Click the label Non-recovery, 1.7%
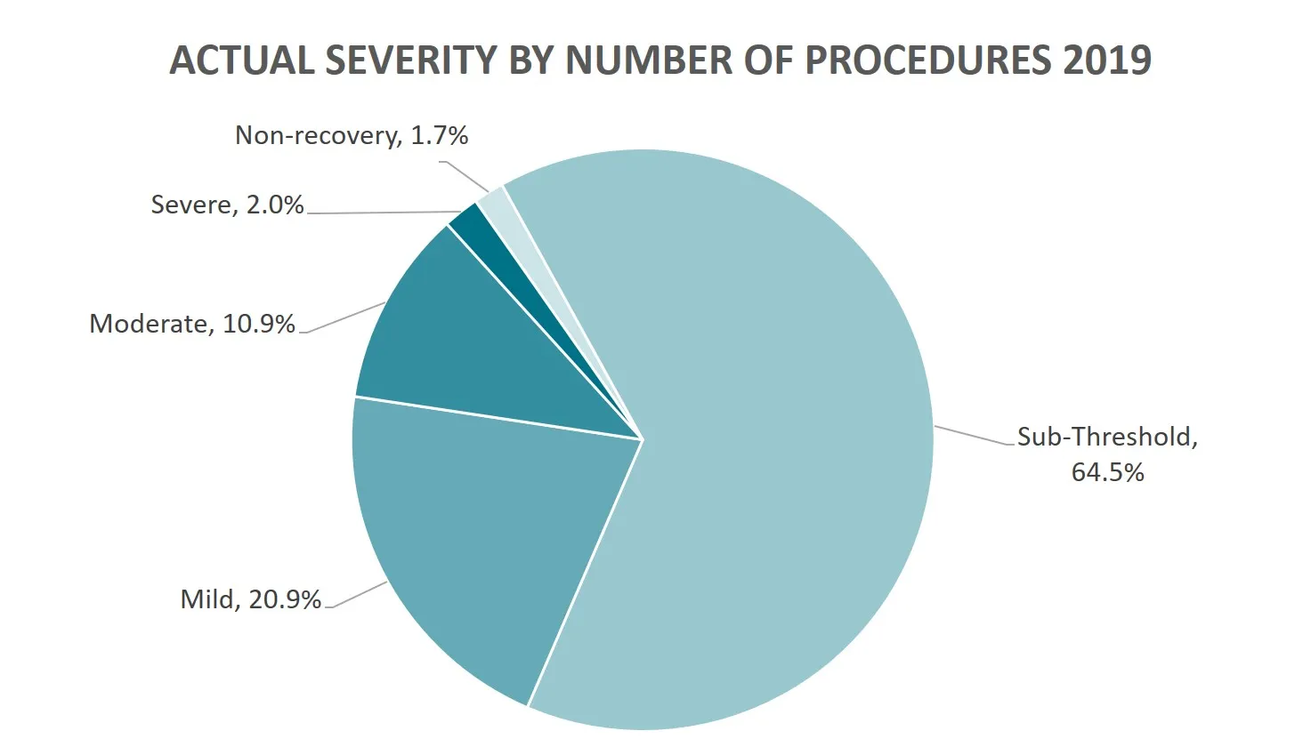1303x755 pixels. (351, 135)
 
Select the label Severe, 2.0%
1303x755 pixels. (227, 205)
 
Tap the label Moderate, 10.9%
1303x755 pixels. (191, 323)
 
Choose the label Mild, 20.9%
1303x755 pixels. (250, 598)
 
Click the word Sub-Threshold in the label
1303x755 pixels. (1104, 437)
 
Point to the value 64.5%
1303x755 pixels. (1107, 471)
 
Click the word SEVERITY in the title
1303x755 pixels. (410, 60)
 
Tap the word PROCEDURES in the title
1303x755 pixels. (928, 60)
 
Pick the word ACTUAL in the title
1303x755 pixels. (241, 60)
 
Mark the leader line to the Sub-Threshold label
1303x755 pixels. (975, 435)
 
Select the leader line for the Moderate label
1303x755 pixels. (343, 318)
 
